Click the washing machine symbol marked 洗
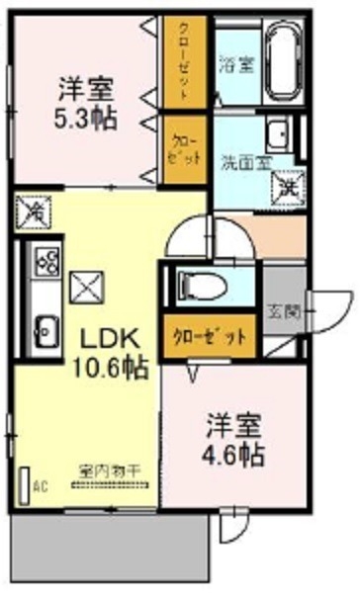tap(288, 181)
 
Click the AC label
tap(41, 486)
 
